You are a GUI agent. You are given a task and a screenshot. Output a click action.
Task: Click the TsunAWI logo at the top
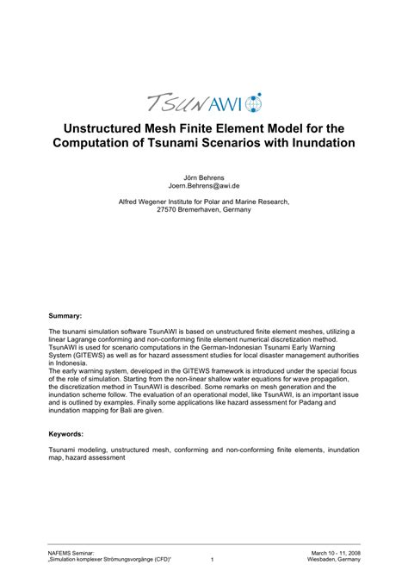click(x=203, y=102)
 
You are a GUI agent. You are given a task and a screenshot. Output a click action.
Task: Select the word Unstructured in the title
click(x=108, y=128)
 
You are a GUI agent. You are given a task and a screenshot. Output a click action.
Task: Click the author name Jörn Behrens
click(x=204, y=176)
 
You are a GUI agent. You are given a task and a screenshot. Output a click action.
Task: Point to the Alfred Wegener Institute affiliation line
click(x=204, y=202)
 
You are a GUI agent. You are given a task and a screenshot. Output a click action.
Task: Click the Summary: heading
click(x=65, y=316)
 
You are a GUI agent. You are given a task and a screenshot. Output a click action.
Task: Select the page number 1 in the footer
click(x=212, y=560)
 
